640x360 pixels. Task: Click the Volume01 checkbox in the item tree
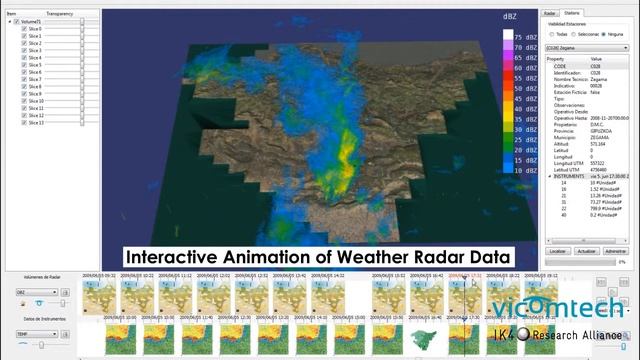click(x=16, y=21)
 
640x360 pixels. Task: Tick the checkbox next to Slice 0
click(x=23, y=29)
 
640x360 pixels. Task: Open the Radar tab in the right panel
click(x=549, y=13)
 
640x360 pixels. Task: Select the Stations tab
click(x=571, y=13)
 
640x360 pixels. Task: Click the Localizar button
click(x=559, y=252)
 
